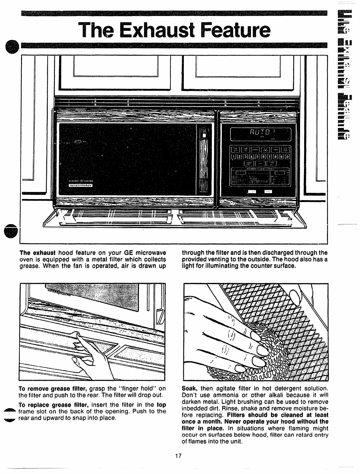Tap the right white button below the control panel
point(267,192)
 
